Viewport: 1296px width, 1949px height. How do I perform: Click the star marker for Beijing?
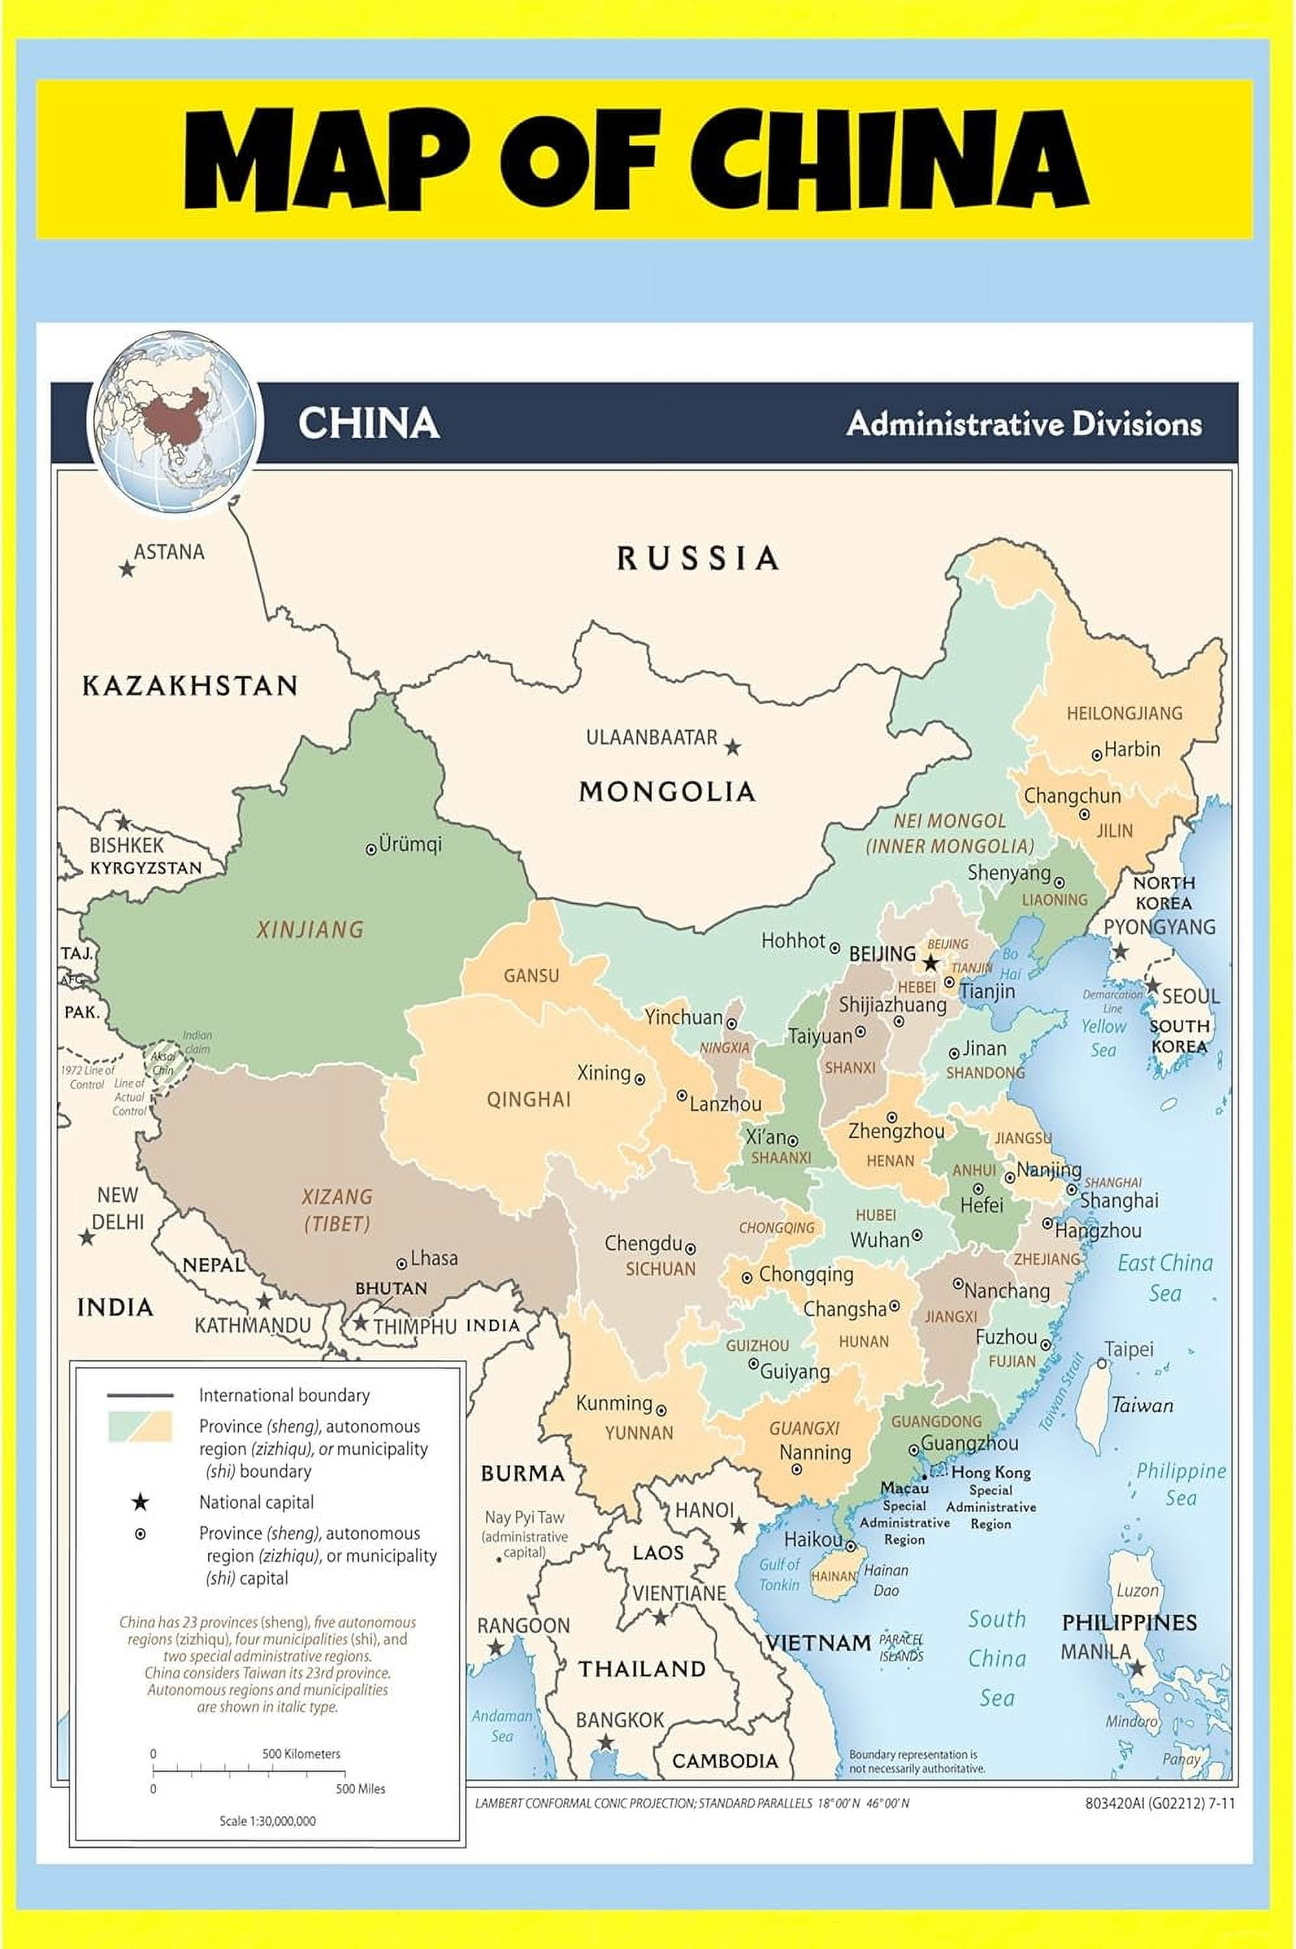[x=931, y=963]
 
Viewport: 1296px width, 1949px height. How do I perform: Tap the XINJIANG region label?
[x=310, y=930]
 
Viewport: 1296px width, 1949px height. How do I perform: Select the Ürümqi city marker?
[x=372, y=848]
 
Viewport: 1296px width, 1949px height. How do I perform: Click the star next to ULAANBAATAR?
[x=732, y=748]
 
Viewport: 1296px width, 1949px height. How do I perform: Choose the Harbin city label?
[x=1132, y=749]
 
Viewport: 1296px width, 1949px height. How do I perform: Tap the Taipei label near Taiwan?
[x=1128, y=1349]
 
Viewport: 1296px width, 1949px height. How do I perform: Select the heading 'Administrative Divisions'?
[x=1023, y=424]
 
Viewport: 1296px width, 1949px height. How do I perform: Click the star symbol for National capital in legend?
[x=140, y=1501]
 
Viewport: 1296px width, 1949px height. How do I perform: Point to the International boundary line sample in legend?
[x=140, y=1395]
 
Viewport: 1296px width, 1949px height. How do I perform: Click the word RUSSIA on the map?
[x=697, y=559]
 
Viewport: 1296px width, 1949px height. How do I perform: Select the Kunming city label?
[x=614, y=1403]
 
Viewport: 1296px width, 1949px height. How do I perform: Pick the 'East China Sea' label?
[x=1165, y=1277]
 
